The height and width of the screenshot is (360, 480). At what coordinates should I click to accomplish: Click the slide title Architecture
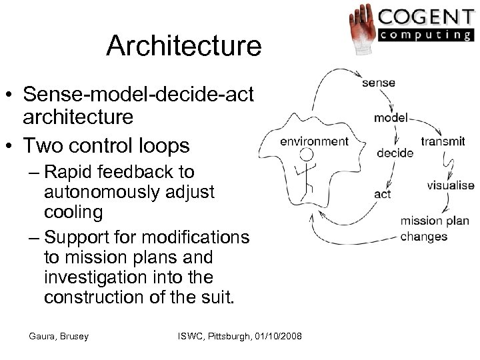point(184,46)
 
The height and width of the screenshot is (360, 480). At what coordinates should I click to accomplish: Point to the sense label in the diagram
point(379,83)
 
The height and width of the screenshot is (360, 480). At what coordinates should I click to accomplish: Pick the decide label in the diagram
point(395,152)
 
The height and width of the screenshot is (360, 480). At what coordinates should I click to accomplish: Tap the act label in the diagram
point(383,195)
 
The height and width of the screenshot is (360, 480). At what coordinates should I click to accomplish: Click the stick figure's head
point(307,155)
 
